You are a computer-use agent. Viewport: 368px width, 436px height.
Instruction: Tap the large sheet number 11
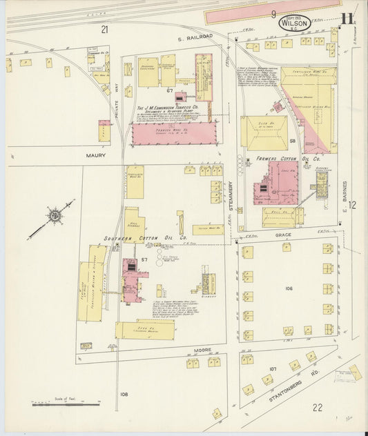coord(347,19)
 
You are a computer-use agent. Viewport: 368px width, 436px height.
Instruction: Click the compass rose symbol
coord(54,216)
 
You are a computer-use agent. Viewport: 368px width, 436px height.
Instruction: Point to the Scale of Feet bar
coord(66,404)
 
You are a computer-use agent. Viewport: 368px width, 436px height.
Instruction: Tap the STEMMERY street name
coord(231,189)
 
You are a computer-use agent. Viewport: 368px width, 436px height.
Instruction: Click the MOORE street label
coord(202,351)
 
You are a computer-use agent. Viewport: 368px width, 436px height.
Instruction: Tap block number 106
coord(288,288)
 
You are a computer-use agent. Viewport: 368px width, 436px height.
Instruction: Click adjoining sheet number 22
coord(317,408)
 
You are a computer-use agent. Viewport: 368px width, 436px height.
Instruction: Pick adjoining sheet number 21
coord(104,29)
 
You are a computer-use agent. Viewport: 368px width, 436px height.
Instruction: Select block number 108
coord(124,394)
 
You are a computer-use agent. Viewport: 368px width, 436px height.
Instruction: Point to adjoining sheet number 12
coord(352,204)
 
